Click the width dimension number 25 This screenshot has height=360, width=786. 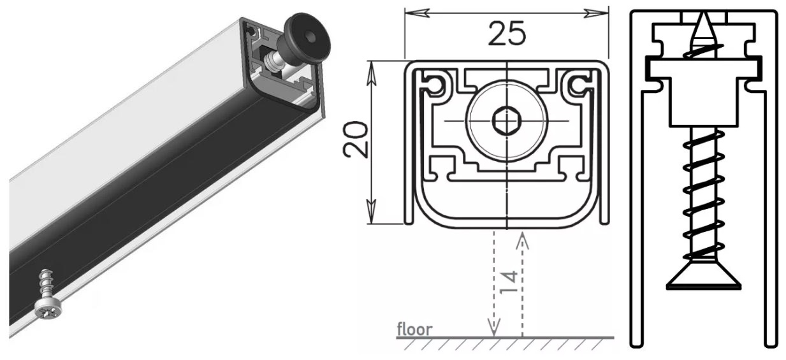pos(507,33)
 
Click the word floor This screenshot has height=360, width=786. pos(414,329)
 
